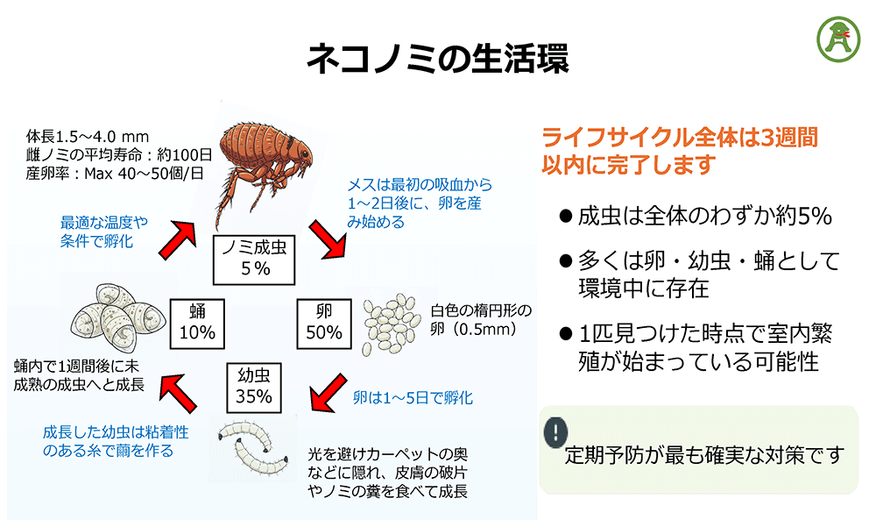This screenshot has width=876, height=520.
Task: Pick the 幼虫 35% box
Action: pos(254,385)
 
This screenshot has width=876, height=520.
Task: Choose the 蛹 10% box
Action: pos(197,321)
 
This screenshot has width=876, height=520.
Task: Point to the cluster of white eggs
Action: pos(392,323)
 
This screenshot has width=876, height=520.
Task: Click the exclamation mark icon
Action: pos(555,431)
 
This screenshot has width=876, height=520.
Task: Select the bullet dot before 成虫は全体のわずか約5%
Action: pos(565,217)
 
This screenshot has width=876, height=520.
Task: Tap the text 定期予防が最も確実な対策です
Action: pos(705,455)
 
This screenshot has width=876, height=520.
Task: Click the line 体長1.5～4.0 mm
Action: pos(88,137)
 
